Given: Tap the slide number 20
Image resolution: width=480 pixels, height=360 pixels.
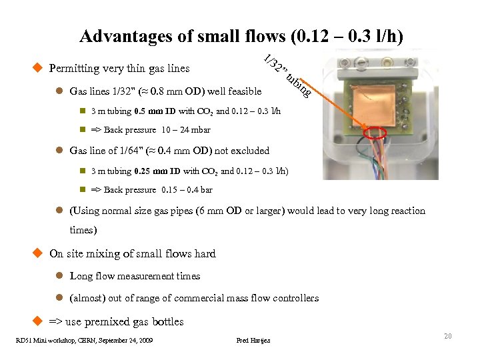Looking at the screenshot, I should point(448,336).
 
